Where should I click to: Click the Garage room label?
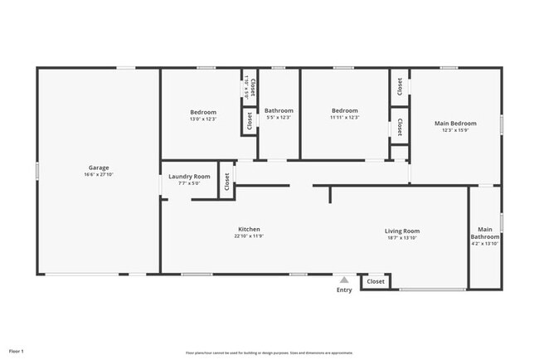click(x=98, y=167)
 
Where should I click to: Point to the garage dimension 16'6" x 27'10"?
click(x=98, y=174)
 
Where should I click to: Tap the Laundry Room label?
click(x=189, y=176)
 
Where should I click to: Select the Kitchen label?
click(x=250, y=229)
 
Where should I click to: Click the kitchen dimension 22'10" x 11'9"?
click(x=250, y=236)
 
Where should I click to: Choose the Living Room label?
click(x=402, y=231)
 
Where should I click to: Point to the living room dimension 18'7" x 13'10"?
click(x=402, y=238)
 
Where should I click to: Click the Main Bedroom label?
click(x=455, y=124)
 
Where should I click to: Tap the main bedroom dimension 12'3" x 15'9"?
click(x=455, y=131)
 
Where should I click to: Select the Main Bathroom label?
click(x=485, y=233)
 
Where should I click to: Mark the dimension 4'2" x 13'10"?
click(x=485, y=244)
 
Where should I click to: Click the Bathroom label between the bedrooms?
click(x=279, y=110)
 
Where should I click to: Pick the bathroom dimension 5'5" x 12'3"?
click(x=279, y=118)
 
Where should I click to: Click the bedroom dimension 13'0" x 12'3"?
click(x=203, y=119)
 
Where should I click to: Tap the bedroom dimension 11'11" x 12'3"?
click(x=344, y=118)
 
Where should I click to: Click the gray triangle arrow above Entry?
click(x=344, y=280)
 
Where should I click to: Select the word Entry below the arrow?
click(x=344, y=289)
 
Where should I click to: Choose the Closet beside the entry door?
click(x=376, y=282)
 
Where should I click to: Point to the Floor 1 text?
click(x=17, y=352)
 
